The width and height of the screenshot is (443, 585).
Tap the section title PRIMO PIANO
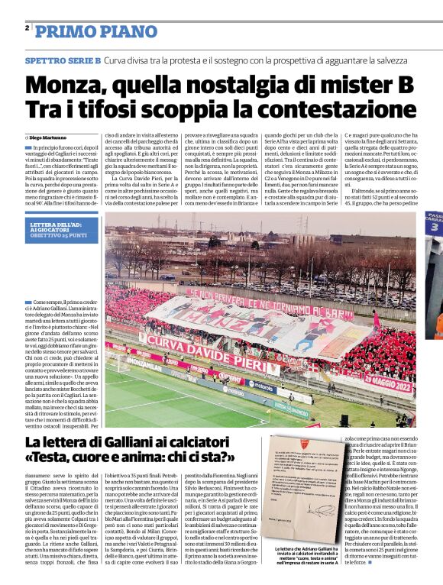pos(88,31)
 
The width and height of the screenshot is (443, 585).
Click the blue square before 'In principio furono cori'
pos(27,147)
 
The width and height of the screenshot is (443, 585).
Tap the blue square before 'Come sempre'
pos(27,302)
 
